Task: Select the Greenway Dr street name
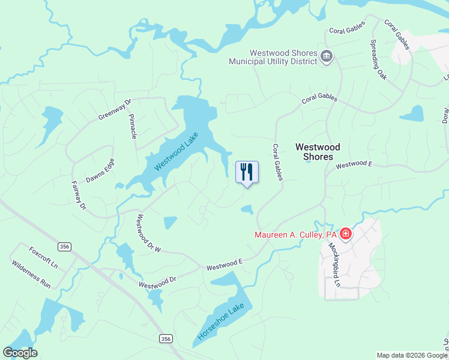(115, 110)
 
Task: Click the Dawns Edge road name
(100, 172)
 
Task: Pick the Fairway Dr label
(79, 196)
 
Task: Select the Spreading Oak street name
(378, 60)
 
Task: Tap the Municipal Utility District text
(274, 61)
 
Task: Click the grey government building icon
(327, 57)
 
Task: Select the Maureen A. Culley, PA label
(295, 235)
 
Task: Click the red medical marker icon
(345, 233)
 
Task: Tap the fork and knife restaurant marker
(247, 172)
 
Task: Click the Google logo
(20, 353)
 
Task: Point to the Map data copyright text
(412, 355)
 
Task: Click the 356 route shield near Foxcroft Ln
(64, 247)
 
